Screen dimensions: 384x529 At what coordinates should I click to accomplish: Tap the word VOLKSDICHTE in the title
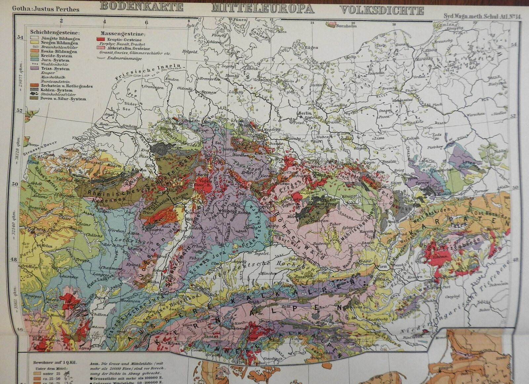click(x=382, y=10)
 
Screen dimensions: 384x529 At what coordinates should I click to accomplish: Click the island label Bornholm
click(x=346, y=26)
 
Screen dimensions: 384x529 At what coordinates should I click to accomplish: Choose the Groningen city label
click(x=153, y=88)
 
